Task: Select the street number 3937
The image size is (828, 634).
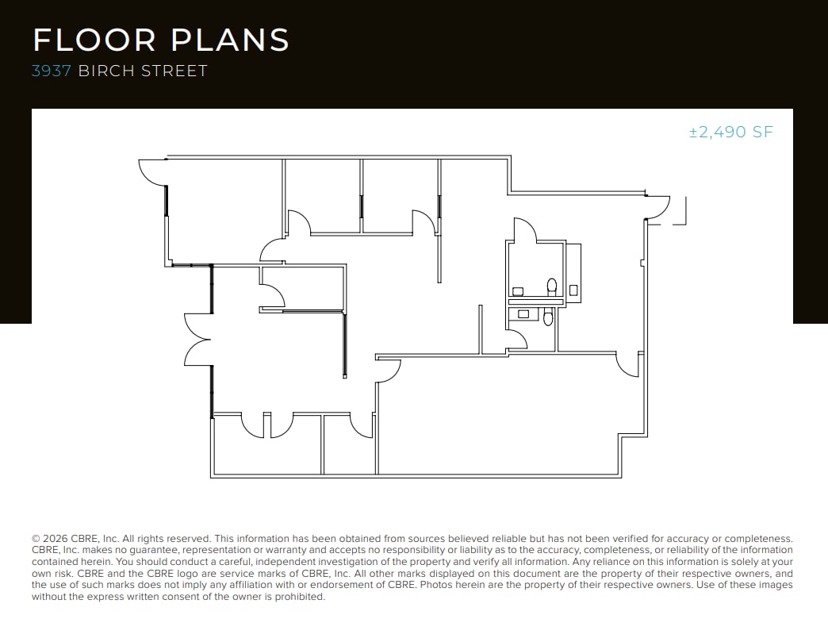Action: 52,71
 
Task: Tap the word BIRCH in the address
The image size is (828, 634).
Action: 107,71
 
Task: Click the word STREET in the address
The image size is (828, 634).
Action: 174,71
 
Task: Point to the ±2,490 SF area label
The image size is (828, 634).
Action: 730,133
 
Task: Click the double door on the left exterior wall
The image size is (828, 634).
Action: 197,339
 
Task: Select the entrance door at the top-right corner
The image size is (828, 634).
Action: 657,206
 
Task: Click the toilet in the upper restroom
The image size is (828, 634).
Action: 552,285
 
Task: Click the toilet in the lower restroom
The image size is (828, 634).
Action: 546,317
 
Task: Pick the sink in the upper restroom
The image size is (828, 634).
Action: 518,291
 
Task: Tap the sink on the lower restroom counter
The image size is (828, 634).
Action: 523,314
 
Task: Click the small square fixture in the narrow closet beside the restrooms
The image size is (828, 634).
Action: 574,290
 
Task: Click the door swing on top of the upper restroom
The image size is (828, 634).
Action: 525,231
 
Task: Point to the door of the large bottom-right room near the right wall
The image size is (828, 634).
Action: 628,365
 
